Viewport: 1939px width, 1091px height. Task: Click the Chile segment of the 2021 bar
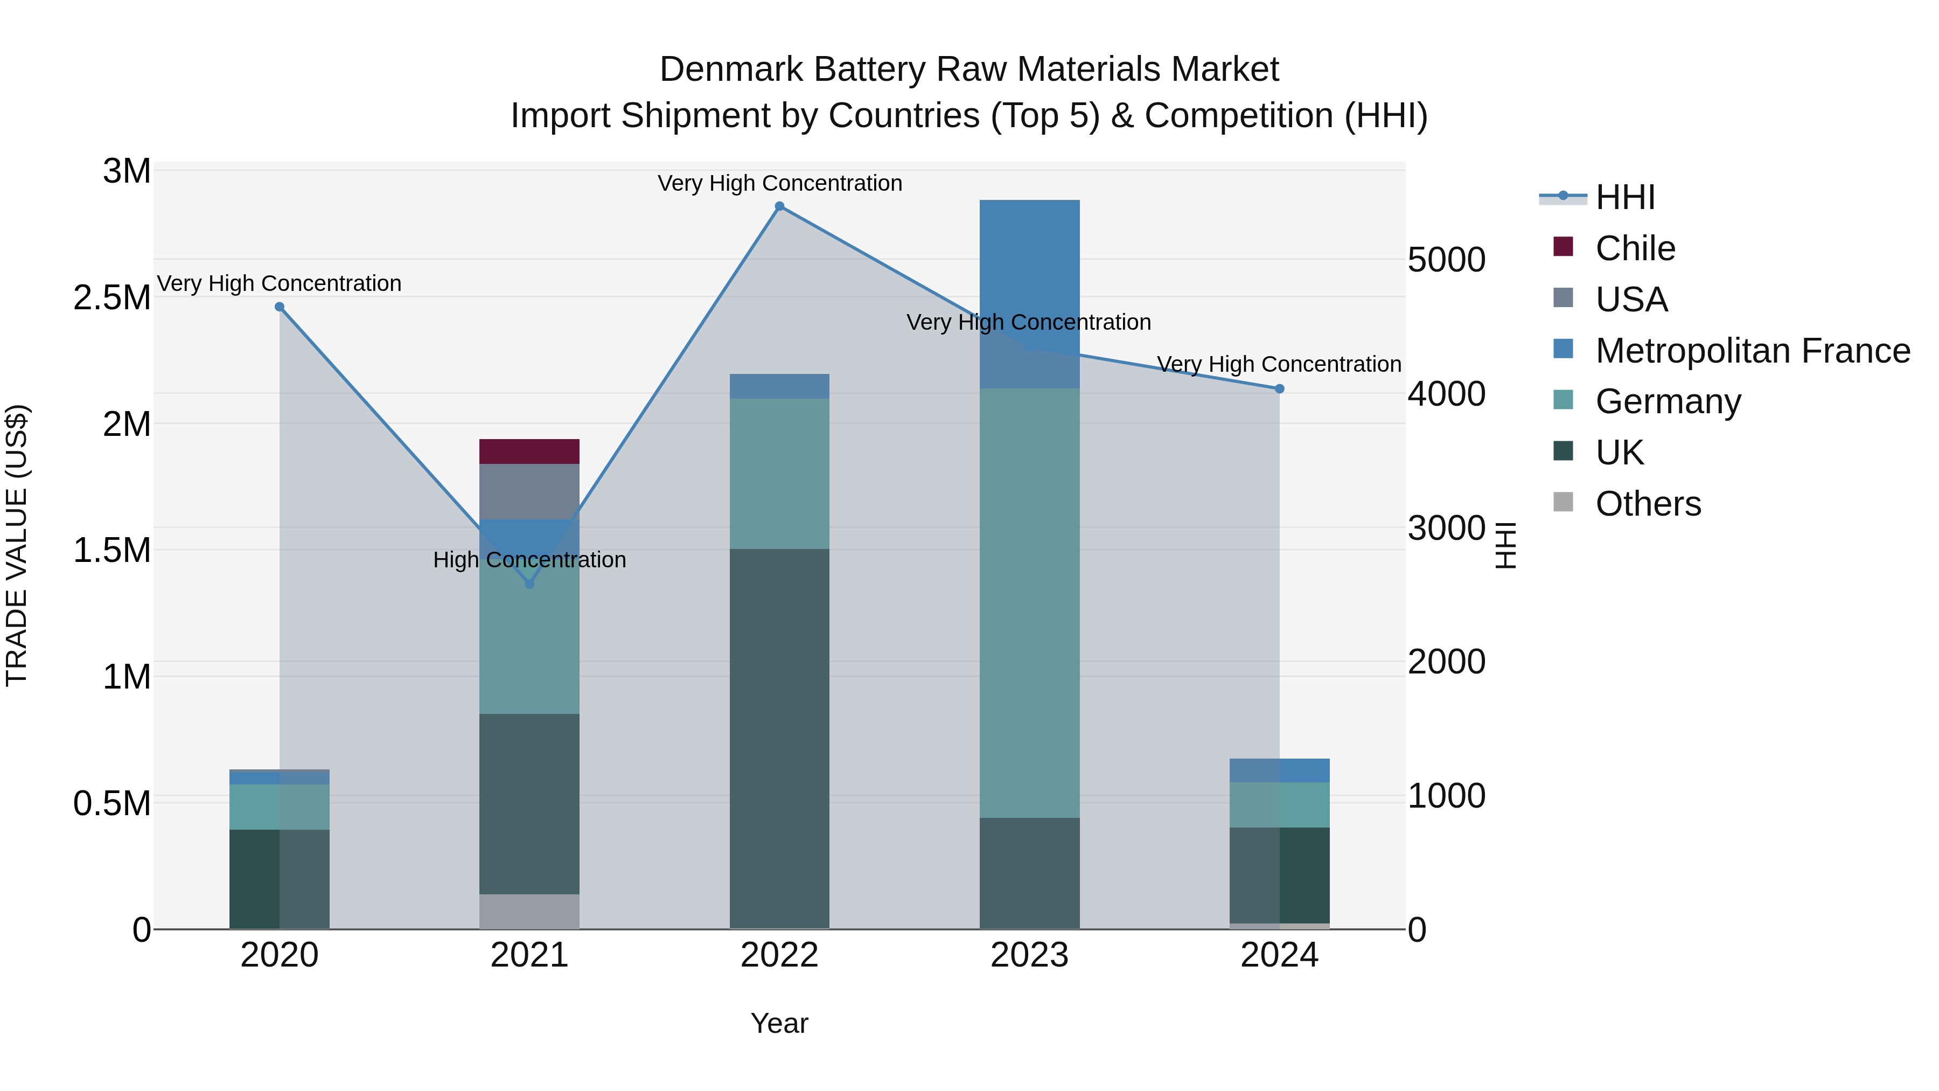pos(529,451)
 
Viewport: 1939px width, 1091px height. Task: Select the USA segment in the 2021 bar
pos(529,491)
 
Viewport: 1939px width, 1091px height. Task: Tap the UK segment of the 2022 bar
pos(779,738)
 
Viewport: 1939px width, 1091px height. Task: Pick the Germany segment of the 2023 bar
pos(1029,602)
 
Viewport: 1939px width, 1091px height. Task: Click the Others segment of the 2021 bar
pos(529,911)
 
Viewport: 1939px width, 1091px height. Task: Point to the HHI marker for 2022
pos(779,206)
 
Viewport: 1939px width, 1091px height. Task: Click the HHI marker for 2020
pos(279,307)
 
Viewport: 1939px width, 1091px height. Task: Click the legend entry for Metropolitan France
pos(1752,351)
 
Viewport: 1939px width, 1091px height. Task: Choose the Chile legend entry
pos(1635,248)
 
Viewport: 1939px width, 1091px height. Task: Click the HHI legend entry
pos(1624,197)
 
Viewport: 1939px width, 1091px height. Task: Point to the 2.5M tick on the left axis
pos(111,298)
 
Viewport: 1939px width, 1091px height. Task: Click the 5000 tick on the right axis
pos(1446,261)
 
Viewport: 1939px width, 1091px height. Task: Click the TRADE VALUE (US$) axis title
pos(17,545)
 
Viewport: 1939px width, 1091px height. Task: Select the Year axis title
pos(779,1023)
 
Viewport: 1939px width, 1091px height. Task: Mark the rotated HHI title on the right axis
pos(1505,545)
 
